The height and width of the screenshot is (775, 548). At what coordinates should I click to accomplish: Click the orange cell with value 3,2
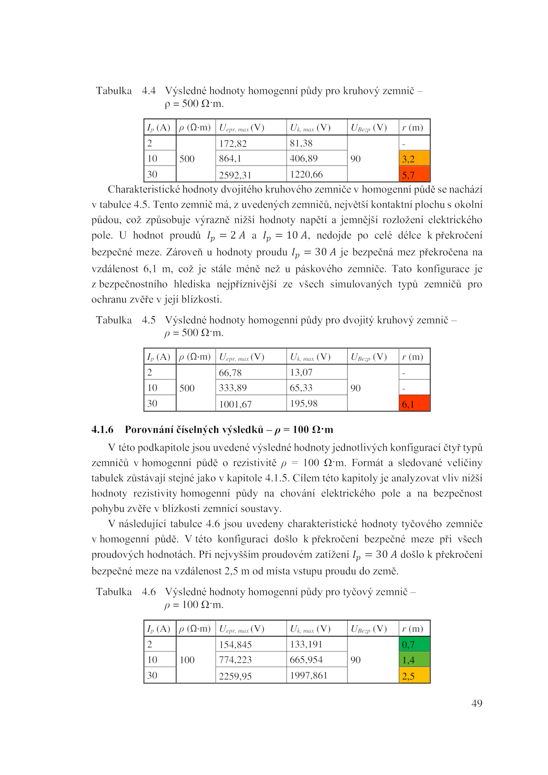point(414,158)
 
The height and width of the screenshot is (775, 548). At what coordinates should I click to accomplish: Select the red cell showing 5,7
point(414,174)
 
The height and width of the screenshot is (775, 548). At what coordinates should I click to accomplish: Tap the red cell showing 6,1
point(414,403)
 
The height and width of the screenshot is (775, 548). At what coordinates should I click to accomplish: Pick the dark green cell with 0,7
point(414,644)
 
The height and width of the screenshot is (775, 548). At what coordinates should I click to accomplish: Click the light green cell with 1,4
point(414,660)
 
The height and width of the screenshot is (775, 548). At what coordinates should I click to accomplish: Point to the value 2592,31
point(235,175)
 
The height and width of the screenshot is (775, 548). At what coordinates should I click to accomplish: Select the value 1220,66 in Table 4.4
point(306,174)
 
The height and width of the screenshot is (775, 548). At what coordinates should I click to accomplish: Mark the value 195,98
point(303,403)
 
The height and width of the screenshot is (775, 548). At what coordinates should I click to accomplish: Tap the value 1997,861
point(308,675)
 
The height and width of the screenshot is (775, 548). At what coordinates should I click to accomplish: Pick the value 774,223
point(235,660)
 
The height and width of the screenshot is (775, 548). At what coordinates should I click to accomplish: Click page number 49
point(476,703)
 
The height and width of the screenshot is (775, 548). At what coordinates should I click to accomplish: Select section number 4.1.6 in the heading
point(102,430)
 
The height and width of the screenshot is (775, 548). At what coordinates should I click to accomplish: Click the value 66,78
point(230,372)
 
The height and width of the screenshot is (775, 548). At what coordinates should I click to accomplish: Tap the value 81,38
point(301,143)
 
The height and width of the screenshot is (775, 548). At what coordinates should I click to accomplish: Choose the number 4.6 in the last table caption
point(149,592)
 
